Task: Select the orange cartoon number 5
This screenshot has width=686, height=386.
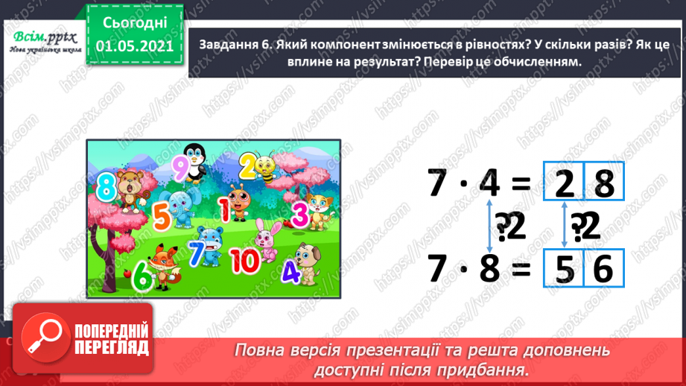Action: [x=161, y=217]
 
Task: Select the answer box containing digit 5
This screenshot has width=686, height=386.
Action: [x=564, y=269]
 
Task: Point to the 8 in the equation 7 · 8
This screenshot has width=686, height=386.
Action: [x=489, y=269]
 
